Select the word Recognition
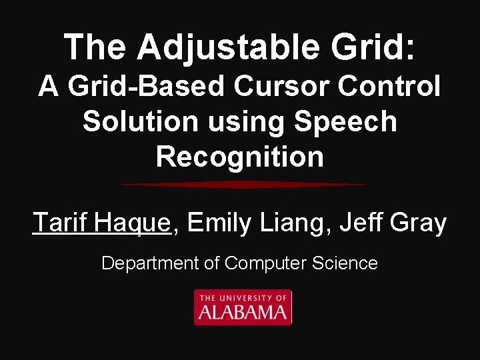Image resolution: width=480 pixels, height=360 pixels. pyautogui.click(x=240, y=158)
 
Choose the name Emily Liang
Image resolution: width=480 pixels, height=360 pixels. pyautogui.click(x=256, y=223)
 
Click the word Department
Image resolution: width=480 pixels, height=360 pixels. pyautogui.click(x=150, y=263)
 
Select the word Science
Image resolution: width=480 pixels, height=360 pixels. pyautogui.click(x=346, y=263)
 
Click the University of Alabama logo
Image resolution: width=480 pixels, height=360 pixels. pyautogui.click(x=243, y=307)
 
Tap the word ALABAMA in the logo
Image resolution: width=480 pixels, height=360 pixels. pyautogui.click(x=243, y=312)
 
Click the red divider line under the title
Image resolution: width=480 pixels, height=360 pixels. pyautogui.click(x=243, y=185)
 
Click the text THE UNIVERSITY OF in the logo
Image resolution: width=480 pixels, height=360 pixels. pyautogui.click(x=243, y=297)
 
